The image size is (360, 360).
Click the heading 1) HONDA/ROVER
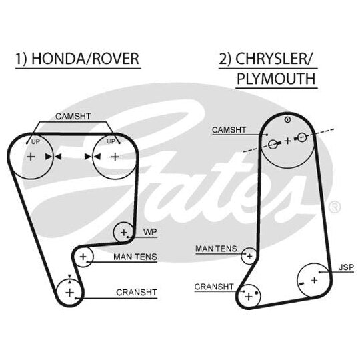tap(77, 59)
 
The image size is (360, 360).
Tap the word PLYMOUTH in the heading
tap(276, 79)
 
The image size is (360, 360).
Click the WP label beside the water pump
tap(150, 232)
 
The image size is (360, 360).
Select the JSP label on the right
tap(346, 267)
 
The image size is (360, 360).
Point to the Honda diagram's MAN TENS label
tap(135, 257)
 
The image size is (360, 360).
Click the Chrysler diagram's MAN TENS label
tap(216, 249)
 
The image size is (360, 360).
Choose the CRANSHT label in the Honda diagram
tap(137, 293)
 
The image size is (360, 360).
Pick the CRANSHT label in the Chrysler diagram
tap(214, 287)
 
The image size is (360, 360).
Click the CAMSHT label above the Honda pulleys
tap(73, 117)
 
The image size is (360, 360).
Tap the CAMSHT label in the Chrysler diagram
tap(229, 130)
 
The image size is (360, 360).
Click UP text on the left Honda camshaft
tap(35, 142)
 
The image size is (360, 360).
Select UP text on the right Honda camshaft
tap(111, 141)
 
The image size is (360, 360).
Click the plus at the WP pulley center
tap(124, 233)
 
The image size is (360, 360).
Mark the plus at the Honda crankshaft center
tap(69, 293)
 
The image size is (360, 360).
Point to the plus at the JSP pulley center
tap(314, 280)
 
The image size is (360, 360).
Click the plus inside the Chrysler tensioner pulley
tap(249, 256)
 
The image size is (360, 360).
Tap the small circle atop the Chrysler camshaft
tap(288, 119)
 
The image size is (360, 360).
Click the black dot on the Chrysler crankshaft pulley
tap(256, 293)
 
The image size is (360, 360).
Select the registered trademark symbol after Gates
tap(334, 207)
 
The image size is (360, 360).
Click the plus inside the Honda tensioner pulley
tap(83, 257)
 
